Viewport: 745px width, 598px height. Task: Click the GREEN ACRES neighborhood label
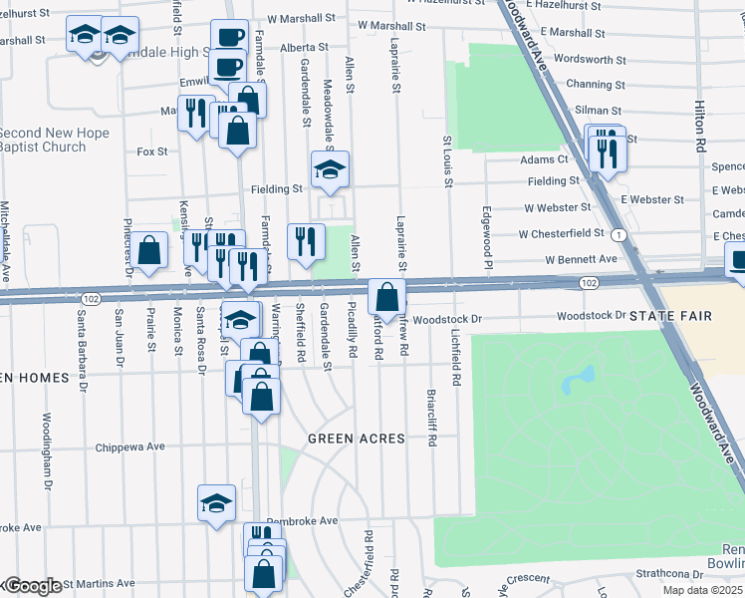(x=356, y=439)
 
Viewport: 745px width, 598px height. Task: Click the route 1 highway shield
(x=620, y=234)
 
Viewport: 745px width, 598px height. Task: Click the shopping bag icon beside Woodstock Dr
(x=386, y=297)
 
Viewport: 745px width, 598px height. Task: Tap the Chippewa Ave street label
(x=129, y=447)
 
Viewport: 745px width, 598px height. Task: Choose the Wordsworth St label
(x=589, y=59)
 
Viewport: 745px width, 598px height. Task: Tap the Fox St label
(x=152, y=151)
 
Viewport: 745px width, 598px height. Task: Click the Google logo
(x=32, y=586)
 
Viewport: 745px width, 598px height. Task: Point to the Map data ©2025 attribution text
(x=703, y=591)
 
